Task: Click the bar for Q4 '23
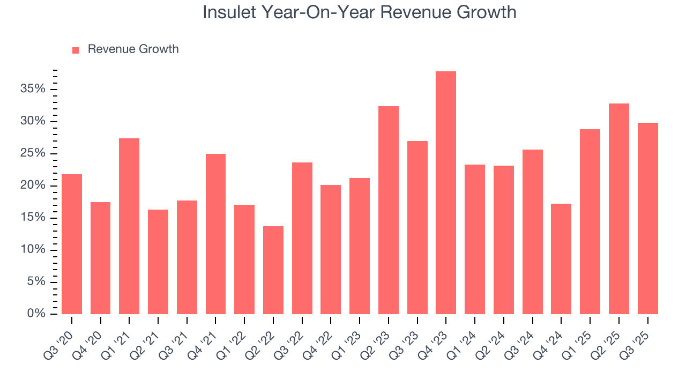point(446,192)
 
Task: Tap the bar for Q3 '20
point(72,244)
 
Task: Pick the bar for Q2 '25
point(619,209)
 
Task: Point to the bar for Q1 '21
point(129,226)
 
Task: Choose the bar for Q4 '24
point(561,258)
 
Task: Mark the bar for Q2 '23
point(389,210)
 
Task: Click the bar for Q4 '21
point(215,234)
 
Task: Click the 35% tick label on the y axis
point(33,89)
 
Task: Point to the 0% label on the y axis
point(36,314)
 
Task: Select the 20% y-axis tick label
point(33,185)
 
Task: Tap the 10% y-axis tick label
point(33,250)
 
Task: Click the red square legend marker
point(76,50)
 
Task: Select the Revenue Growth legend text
point(133,49)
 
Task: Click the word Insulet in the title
point(229,12)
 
